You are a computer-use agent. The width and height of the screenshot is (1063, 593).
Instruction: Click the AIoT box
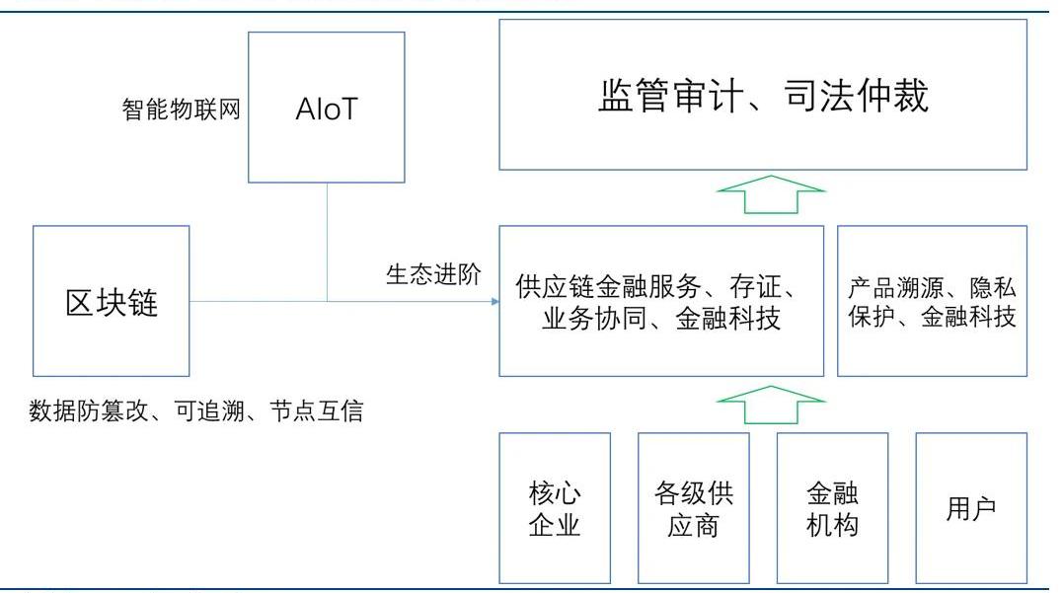point(326,107)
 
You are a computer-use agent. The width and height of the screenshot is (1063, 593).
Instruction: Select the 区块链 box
point(111,301)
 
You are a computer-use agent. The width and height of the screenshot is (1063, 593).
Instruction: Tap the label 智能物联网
point(182,109)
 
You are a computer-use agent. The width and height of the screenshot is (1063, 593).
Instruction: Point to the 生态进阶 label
point(433,274)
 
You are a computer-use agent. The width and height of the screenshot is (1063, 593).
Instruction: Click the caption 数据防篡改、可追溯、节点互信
point(195,410)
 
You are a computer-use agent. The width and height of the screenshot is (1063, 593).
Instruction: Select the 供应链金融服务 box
point(661,301)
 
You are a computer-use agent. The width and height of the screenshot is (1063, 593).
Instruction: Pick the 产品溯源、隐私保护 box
point(932,301)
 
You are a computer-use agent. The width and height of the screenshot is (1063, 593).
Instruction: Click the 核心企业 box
point(555,507)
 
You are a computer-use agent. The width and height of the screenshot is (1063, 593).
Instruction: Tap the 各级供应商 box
point(694,507)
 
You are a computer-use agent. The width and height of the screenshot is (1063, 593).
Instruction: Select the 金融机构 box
point(832,507)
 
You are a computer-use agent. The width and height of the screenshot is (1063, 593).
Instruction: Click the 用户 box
point(971,507)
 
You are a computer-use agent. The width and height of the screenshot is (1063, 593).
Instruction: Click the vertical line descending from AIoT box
point(327,242)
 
